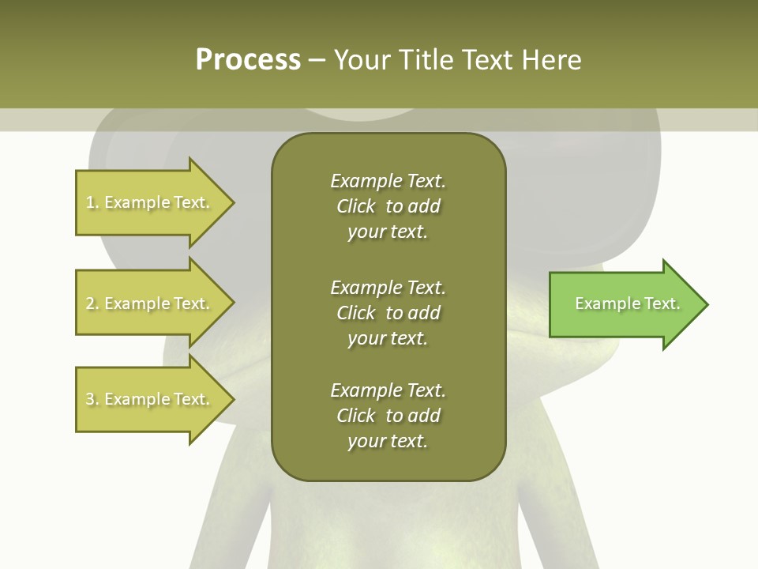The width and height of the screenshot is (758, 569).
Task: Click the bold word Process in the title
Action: (x=248, y=60)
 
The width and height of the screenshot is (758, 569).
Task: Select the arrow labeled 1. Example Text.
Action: (x=150, y=202)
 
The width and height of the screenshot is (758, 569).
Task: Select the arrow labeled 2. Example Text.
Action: (x=150, y=303)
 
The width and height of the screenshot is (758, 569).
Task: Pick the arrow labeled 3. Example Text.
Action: (x=150, y=399)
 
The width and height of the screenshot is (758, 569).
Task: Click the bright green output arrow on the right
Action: (x=624, y=304)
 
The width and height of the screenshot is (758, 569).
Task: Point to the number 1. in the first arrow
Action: (x=92, y=203)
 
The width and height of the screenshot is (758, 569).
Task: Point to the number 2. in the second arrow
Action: (x=92, y=304)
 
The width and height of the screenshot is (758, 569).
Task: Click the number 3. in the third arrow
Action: (x=92, y=400)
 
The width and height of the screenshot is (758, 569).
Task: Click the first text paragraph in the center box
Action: (x=388, y=206)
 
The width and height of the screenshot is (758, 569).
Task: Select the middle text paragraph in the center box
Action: (x=388, y=313)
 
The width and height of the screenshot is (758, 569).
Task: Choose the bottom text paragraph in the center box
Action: (x=388, y=416)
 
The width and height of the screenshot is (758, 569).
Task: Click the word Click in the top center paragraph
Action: (x=355, y=207)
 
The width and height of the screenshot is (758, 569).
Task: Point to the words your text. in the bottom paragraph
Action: (x=388, y=442)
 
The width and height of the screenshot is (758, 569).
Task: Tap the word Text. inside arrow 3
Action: (x=191, y=400)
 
